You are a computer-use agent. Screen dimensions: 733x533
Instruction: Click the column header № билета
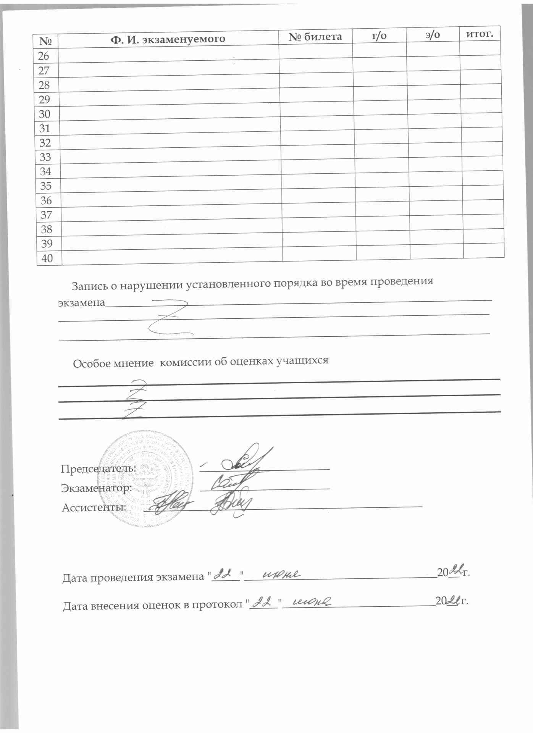pyautogui.click(x=315, y=37)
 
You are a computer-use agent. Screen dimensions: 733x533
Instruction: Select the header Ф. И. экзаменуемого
pyautogui.click(x=168, y=39)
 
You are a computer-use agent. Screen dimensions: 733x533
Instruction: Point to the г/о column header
pyautogui.click(x=379, y=36)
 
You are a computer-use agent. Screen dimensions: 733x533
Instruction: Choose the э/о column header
pyautogui.click(x=432, y=35)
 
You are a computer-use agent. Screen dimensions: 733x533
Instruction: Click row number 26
pyautogui.click(x=44, y=56)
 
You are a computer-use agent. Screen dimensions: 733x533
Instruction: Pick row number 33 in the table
pyautogui.click(x=45, y=157)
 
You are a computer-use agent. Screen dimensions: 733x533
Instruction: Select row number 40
pyautogui.click(x=47, y=258)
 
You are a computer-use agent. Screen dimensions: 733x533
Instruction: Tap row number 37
pyautogui.click(x=46, y=215)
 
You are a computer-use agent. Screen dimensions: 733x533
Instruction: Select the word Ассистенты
pyautogui.click(x=94, y=507)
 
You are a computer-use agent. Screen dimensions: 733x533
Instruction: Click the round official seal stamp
pyautogui.click(x=147, y=479)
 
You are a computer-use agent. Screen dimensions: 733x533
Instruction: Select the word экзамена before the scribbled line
pyautogui.click(x=81, y=303)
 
